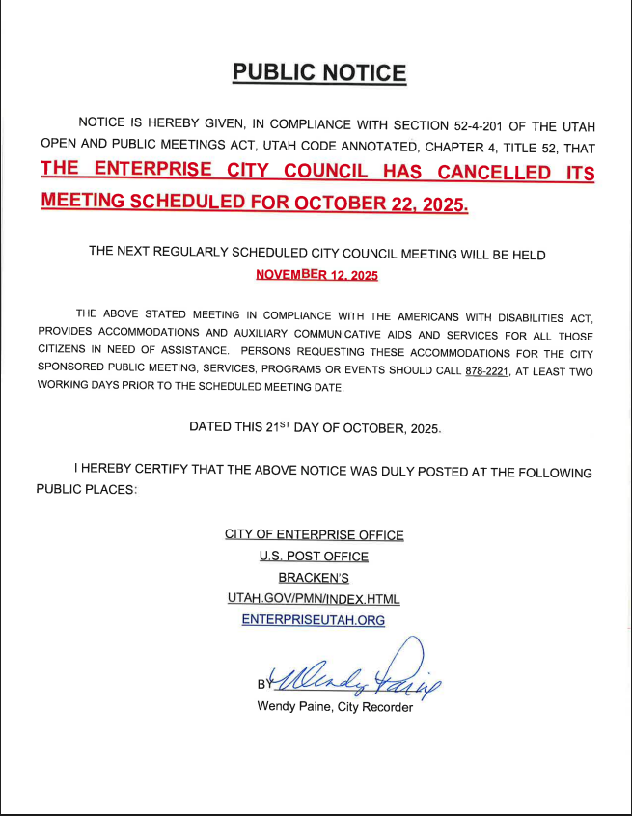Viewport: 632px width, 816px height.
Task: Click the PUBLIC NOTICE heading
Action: click(x=319, y=73)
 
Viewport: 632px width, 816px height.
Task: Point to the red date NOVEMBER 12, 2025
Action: click(x=316, y=275)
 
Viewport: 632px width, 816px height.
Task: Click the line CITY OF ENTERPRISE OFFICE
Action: click(x=314, y=534)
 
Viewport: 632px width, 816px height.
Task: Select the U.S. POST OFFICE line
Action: click(x=314, y=556)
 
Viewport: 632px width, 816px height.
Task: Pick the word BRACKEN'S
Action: click(x=314, y=577)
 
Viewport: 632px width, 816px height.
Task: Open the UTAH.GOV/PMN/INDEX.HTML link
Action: click(x=314, y=598)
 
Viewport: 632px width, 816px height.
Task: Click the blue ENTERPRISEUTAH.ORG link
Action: click(x=314, y=620)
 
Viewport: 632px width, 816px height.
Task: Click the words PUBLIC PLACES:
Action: click(x=87, y=490)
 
